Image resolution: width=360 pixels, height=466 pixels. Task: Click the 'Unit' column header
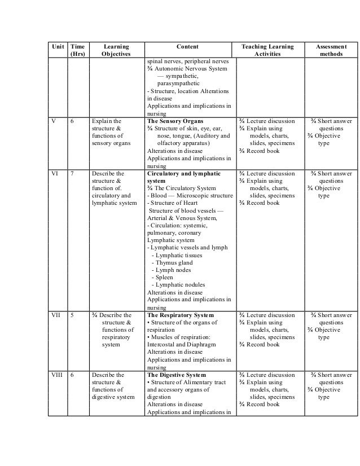[56, 46]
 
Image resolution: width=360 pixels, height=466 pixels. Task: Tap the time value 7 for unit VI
[74, 173]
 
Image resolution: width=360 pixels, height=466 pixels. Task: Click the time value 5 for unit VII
[74, 315]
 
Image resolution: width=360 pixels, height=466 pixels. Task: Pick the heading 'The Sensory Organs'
[174, 121]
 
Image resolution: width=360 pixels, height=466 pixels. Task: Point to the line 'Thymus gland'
[174, 262]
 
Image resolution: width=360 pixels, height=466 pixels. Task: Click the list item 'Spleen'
[165, 277]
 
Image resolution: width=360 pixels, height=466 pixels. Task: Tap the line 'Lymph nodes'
[173, 270]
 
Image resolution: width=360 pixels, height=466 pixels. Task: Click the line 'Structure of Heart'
[169, 203]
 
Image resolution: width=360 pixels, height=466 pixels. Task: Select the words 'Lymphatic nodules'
[180, 284]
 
